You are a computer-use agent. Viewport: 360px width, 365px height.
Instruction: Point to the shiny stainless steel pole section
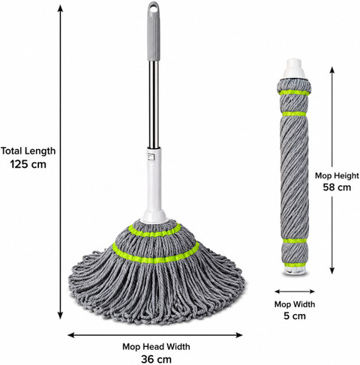click(154, 104)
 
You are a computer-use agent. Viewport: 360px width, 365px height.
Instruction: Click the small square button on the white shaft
click(151, 157)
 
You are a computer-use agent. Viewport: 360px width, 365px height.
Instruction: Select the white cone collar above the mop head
click(154, 217)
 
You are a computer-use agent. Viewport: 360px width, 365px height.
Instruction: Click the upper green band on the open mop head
click(154, 231)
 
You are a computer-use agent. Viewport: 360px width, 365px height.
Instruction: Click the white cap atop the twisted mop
click(294, 68)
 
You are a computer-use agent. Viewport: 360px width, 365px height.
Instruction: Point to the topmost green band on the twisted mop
click(294, 93)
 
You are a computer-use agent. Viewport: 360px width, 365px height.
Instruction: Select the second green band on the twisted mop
click(294, 114)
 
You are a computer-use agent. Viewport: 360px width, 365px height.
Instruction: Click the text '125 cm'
click(28, 164)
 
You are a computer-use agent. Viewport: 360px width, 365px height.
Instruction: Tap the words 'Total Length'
click(28, 151)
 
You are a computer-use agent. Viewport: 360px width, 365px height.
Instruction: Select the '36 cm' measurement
click(156, 360)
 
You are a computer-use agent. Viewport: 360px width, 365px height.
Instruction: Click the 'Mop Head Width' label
click(156, 346)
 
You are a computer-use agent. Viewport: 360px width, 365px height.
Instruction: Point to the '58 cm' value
click(337, 187)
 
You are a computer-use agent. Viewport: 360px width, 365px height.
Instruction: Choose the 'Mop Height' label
click(337, 175)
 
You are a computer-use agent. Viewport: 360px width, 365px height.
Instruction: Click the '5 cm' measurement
click(295, 316)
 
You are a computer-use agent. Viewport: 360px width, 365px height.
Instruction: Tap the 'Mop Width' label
click(295, 304)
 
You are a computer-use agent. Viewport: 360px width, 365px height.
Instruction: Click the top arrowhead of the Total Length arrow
click(60, 7)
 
